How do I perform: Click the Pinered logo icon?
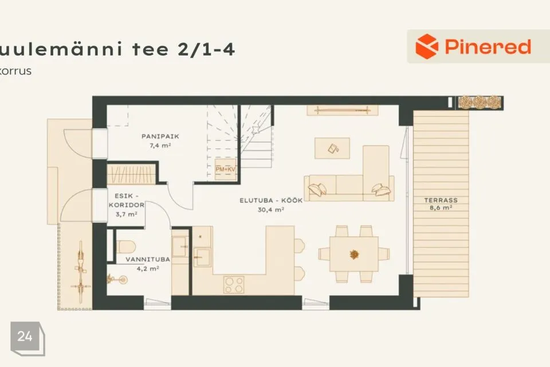pyautogui.click(x=426, y=46)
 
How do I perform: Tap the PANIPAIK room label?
pyautogui.click(x=160, y=136)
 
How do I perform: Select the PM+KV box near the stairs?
pyautogui.click(x=225, y=169)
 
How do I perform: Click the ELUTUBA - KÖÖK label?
pyautogui.click(x=271, y=201)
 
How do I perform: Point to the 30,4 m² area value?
pyautogui.click(x=271, y=210)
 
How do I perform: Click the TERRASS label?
pyautogui.click(x=441, y=200)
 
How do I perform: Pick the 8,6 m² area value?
pyautogui.click(x=441, y=208)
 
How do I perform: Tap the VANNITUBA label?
pyautogui.click(x=148, y=259)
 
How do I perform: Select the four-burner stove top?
pyautogui.click(x=234, y=285)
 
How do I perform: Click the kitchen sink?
pyautogui.click(x=202, y=257)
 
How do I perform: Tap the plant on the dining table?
pyautogui.click(x=354, y=254)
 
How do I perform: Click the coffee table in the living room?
pyautogui.click(x=332, y=148)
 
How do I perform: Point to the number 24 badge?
pyautogui.click(x=25, y=337)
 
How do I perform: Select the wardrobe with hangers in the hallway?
pyautogui.click(x=131, y=174)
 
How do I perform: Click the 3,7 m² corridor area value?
pyautogui.click(x=126, y=214)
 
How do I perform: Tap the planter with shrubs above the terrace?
pyautogui.click(x=480, y=103)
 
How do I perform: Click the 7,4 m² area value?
pyautogui.click(x=160, y=145)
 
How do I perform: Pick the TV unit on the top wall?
pyautogui.click(x=343, y=110)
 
